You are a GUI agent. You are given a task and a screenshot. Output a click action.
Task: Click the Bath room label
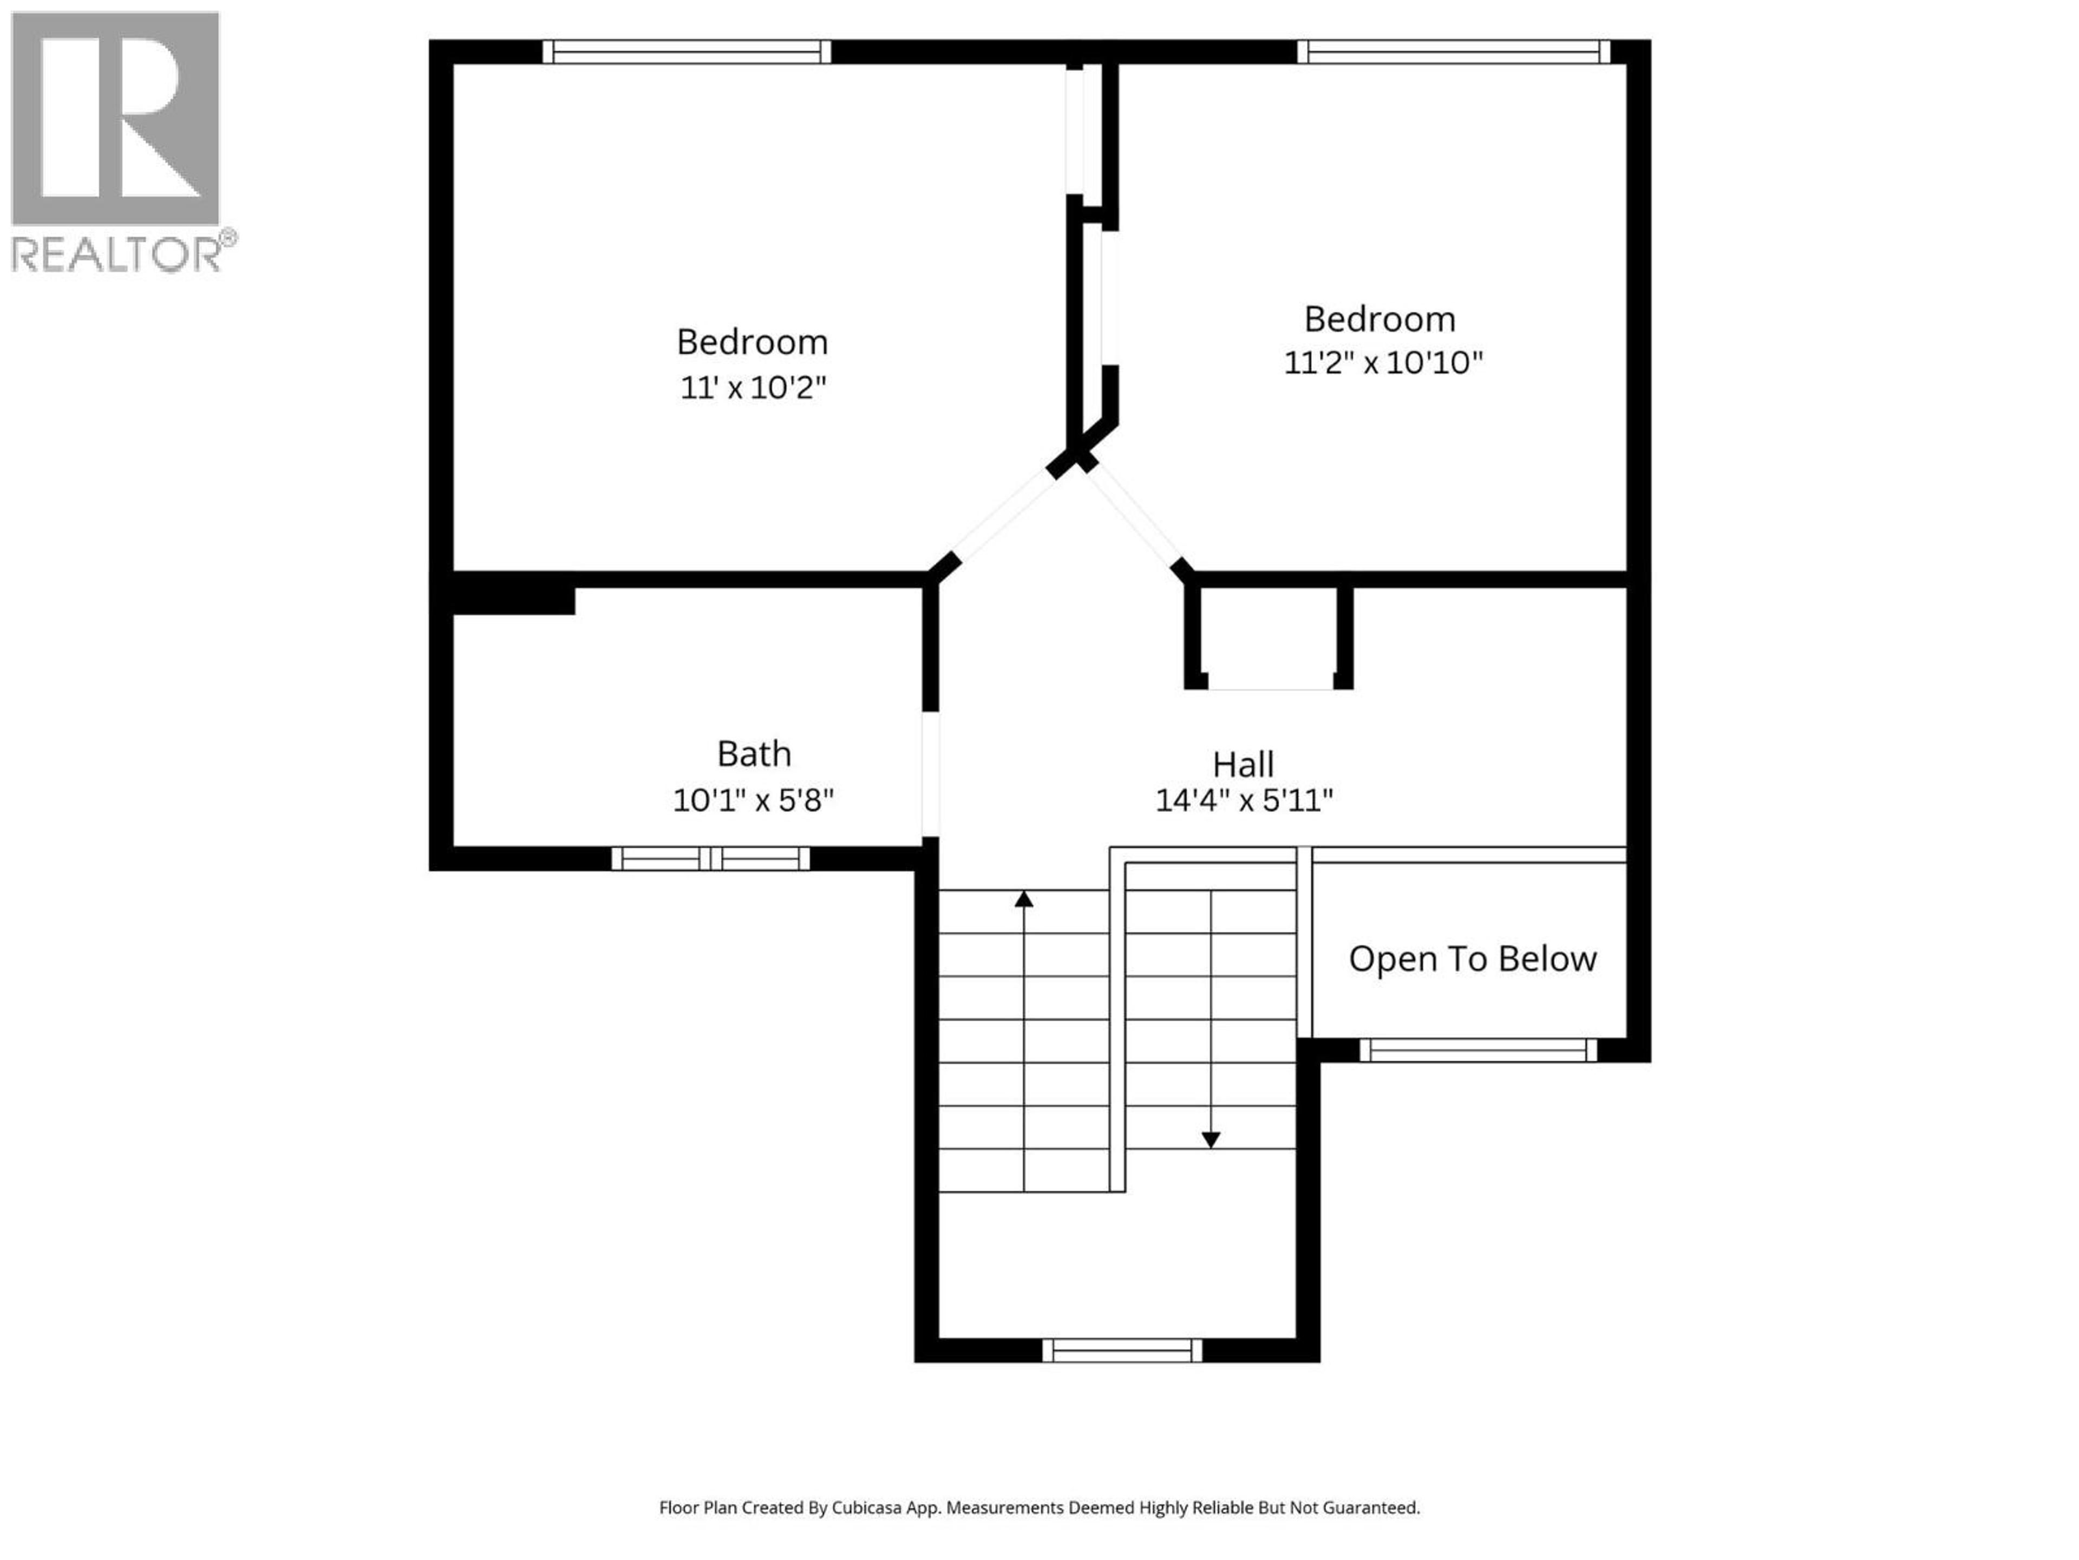click(x=754, y=753)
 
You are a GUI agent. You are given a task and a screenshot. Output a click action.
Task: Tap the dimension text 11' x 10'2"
click(x=753, y=387)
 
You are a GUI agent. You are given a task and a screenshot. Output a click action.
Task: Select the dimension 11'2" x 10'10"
click(x=1383, y=363)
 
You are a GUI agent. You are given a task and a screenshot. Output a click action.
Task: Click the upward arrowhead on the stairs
click(x=1023, y=900)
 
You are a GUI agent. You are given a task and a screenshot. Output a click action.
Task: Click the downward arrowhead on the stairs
click(x=1211, y=1140)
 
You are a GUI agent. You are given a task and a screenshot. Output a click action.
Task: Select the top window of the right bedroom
click(x=1453, y=51)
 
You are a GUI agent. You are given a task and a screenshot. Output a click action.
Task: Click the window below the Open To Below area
click(x=1477, y=1050)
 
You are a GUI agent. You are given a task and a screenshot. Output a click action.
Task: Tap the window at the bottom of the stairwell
click(x=1122, y=1350)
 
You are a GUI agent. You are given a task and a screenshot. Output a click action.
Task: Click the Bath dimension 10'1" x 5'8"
click(x=753, y=800)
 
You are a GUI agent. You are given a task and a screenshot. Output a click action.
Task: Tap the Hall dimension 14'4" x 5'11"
click(x=1244, y=800)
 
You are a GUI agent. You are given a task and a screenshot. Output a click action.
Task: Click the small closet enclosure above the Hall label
click(x=1269, y=639)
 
